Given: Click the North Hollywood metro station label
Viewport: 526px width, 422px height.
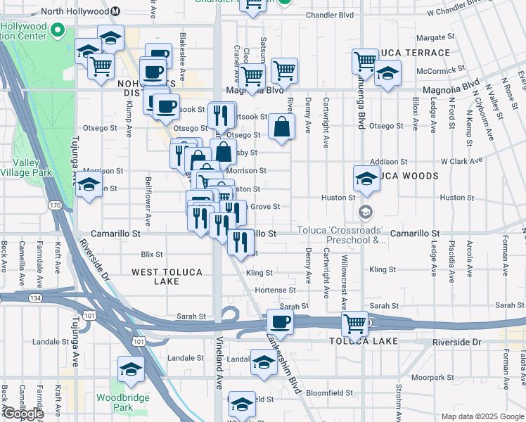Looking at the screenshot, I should pyautogui.click(x=75, y=12).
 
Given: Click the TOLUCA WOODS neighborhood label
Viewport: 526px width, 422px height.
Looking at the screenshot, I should pyautogui.click(x=408, y=176).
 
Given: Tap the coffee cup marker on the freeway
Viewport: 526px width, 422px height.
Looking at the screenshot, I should pyautogui.click(x=280, y=322).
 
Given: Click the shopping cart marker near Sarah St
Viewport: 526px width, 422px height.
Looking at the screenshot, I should pyautogui.click(x=355, y=324).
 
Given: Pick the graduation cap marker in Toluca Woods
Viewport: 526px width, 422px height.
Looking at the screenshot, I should pyautogui.click(x=366, y=179).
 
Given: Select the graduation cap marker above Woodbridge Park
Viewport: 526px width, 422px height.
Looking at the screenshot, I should pyautogui.click(x=131, y=369).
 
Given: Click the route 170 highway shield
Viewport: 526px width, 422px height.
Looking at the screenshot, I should pyautogui.click(x=56, y=205).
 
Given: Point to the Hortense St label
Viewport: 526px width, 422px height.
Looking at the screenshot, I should pyautogui.click(x=275, y=290).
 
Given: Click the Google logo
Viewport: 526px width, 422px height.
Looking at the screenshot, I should pyautogui.click(x=23, y=414).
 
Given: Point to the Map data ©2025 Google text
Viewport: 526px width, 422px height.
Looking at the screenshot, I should pyautogui.click(x=482, y=416).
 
